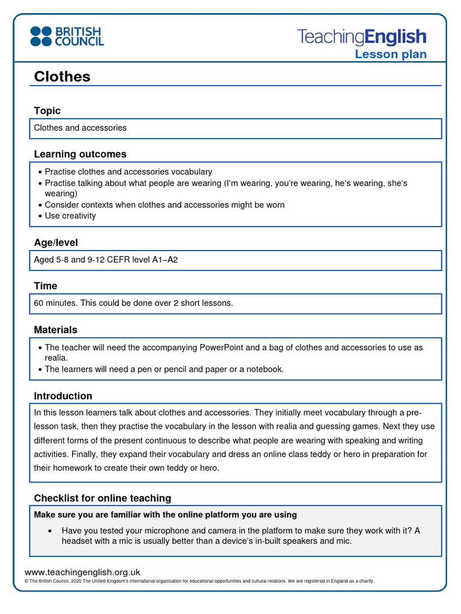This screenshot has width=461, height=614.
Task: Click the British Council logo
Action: click(67, 36)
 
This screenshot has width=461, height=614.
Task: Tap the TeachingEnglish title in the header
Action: click(361, 37)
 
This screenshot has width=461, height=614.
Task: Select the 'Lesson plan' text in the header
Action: click(390, 55)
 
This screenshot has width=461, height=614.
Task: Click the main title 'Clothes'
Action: click(62, 76)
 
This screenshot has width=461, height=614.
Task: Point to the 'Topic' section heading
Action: click(47, 110)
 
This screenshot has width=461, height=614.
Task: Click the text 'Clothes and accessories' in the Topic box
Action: click(80, 128)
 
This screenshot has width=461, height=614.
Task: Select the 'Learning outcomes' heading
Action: click(80, 154)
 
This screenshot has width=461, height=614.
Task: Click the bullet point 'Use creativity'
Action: click(70, 216)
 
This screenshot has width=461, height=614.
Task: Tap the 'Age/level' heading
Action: click(56, 242)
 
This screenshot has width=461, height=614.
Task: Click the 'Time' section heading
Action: click(46, 286)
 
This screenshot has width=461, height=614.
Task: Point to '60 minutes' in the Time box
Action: click(55, 303)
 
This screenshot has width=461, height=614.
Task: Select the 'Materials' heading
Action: click(55, 330)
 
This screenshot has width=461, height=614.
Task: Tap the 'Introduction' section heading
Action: click(63, 396)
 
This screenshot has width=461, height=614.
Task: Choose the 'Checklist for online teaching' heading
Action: click(102, 498)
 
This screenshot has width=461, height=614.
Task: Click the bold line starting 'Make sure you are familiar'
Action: click(165, 514)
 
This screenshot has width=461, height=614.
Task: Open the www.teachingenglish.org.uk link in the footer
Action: click(82, 572)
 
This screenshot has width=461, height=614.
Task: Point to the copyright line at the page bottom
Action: click(199, 581)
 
